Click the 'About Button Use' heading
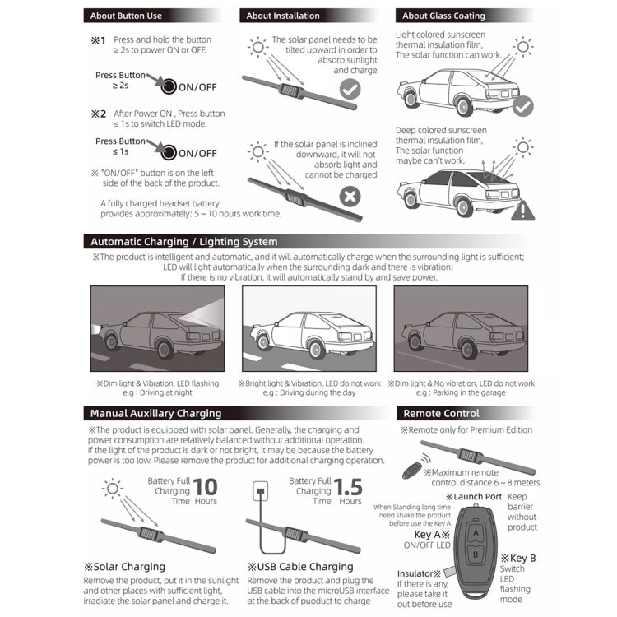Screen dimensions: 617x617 click(x=126, y=16)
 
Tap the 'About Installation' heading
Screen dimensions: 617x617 click(x=283, y=16)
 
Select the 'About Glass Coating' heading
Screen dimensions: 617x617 click(x=443, y=16)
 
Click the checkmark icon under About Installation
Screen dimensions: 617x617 click(x=350, y=89)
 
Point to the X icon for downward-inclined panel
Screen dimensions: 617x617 click(x=350, y=197)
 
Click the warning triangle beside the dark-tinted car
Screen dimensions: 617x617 click(x=522, y=211)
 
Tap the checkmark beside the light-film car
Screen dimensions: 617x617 click(x=522, y=107)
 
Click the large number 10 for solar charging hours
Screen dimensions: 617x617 click(x=206, y=489)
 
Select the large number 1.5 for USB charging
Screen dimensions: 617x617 click(x=349, y=489)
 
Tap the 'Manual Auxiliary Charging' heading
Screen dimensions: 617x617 click(x=155, y=413)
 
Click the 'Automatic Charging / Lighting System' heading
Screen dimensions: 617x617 click(x=183, y=242)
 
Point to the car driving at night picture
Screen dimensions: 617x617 click(x=156, y=327)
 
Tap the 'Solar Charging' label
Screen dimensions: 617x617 click(x=124, y=567)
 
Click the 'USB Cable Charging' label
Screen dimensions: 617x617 click(x=300, y=567)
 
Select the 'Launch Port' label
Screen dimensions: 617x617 click(x=473, y=497)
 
